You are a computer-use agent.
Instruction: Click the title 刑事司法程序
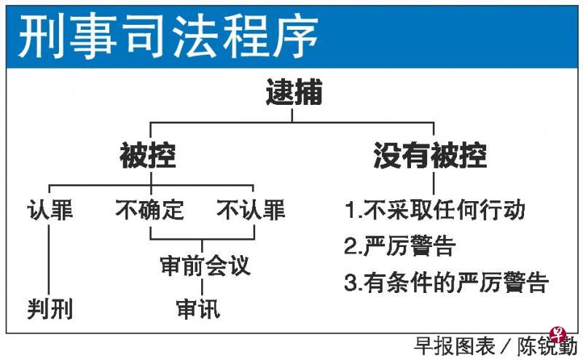coord(168,36)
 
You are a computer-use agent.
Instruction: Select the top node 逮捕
coord(294,92)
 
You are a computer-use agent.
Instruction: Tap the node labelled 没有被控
coord(430,155)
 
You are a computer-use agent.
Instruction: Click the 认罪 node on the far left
coord(50,210)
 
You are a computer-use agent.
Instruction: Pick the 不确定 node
coord(150,210)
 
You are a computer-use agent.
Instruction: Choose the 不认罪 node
coord(251,210)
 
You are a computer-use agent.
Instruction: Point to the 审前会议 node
coord(206,265)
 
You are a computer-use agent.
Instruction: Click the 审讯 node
coord(198,309)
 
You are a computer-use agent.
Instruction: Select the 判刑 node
coord(50,309)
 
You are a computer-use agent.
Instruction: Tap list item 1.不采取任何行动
coord(434,210)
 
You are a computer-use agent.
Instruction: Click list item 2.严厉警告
coord(400,246)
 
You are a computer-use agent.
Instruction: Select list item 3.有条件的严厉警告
coord(446,282)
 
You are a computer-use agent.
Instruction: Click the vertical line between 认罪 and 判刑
coord(49,259)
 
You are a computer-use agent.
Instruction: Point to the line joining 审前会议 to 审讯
coord(202,287)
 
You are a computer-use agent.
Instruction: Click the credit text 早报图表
coord(454,346)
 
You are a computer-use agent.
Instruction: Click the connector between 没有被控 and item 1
coord(434,184)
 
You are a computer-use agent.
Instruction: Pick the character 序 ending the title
coord(296,36)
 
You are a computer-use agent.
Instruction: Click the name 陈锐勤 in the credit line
coord(548,346)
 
